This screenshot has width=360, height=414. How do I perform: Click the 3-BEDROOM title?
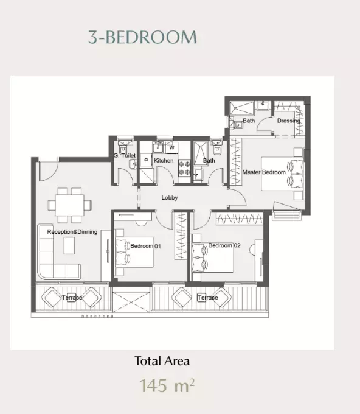[142, 37]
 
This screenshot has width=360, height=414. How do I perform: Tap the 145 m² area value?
[167, 386]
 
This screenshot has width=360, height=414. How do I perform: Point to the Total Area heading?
[162, 361]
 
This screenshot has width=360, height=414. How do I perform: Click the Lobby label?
[170, 197]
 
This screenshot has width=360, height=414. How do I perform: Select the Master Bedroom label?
[264, 172]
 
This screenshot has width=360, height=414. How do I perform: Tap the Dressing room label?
[288, 121]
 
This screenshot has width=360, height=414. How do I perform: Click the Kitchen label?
[164, 161]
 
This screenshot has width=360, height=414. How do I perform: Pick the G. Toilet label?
[125, 155]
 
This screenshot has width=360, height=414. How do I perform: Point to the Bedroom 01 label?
[145, 246]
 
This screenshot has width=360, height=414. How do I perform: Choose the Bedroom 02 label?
[224, 245]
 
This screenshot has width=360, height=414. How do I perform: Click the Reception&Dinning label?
[72, 232]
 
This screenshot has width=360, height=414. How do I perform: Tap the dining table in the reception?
[69, 205]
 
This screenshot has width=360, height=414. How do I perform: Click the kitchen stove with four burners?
[184, 168]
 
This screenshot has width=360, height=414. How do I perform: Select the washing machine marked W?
[171, 147]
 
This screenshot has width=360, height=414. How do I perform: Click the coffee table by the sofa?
[69, 245]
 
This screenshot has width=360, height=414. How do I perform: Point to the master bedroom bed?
[282, 174]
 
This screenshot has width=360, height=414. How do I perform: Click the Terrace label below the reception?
[72, 298]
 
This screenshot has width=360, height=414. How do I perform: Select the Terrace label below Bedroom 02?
[208, 298]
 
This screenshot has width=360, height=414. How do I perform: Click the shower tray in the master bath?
[242, 108]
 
